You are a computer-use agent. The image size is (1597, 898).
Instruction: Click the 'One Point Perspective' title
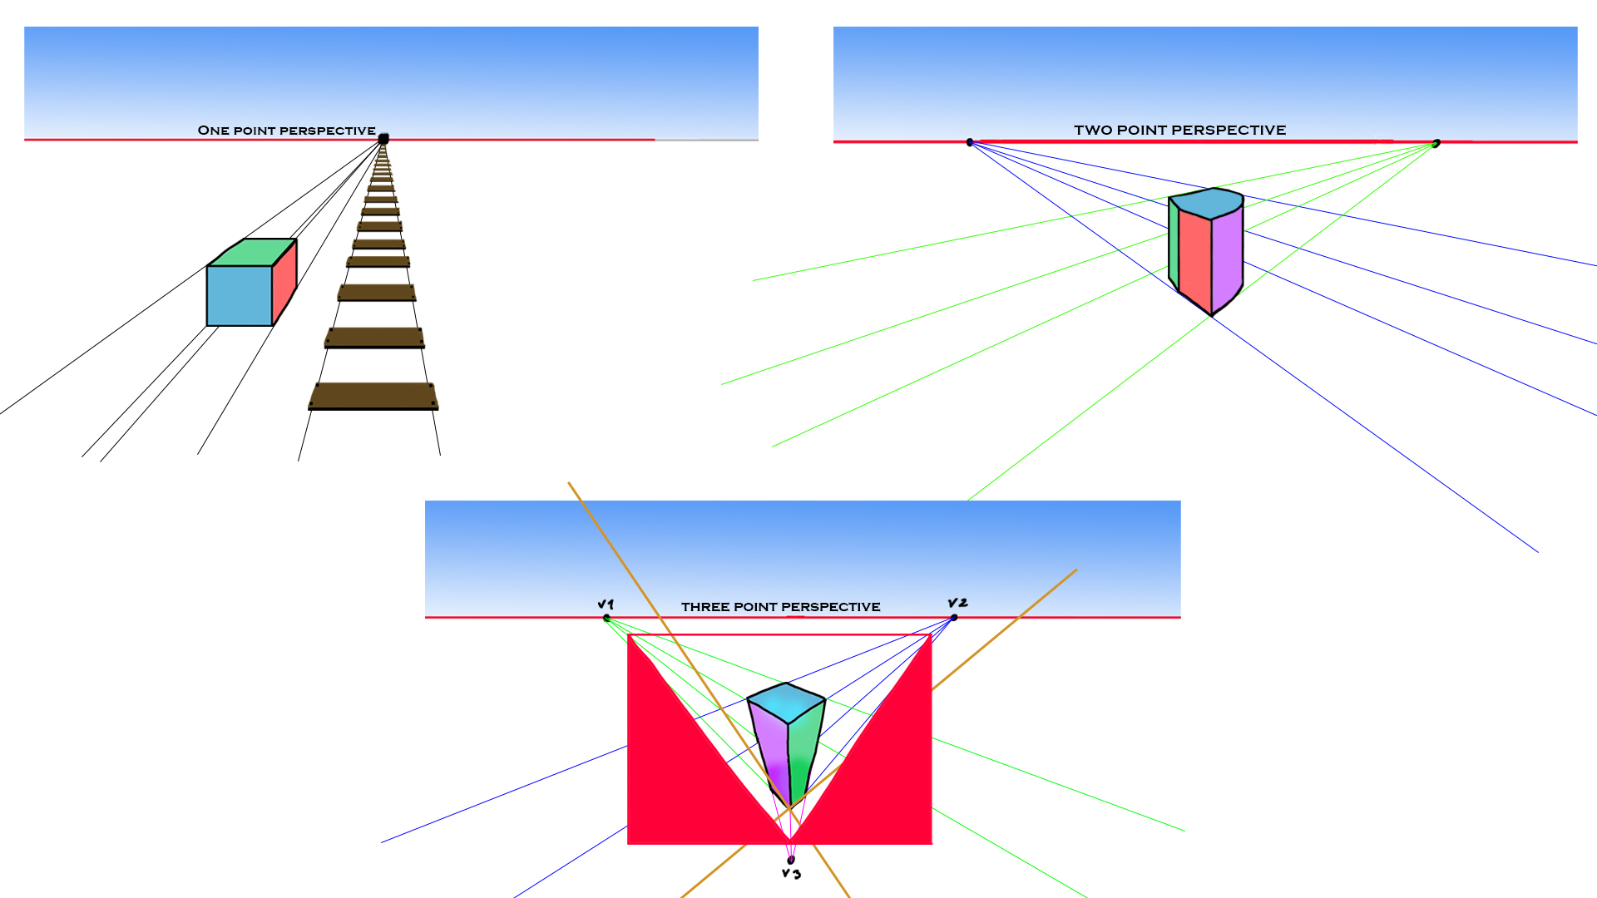(286, 131)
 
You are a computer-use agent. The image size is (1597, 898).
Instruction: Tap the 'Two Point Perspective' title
(1179, 130)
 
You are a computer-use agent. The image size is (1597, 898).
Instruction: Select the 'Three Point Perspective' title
(780, 607)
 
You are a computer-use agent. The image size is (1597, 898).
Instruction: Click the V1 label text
(606, 604)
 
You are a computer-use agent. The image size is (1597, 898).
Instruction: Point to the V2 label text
(957, 603)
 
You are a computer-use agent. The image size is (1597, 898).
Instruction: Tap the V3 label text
(791, 873)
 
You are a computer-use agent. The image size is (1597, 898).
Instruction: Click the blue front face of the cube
(240, 295)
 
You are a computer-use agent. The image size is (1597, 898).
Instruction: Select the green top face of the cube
(251, 252)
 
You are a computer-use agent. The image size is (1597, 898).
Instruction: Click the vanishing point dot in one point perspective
(383, 139)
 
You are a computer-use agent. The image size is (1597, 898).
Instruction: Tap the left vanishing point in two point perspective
(970, 142)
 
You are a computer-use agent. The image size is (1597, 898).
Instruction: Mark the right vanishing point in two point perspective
(1436, 144)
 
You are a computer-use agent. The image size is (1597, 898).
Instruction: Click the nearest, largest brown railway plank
(373, 396)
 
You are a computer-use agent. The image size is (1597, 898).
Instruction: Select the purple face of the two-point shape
(1227, 254)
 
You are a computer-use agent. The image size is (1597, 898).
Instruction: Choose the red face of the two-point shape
(1194, 258)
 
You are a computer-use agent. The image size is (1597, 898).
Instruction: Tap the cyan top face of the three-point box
(786, 702)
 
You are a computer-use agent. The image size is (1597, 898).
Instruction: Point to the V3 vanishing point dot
(791, 860)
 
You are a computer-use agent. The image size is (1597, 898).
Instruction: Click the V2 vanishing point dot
(953, 617)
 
